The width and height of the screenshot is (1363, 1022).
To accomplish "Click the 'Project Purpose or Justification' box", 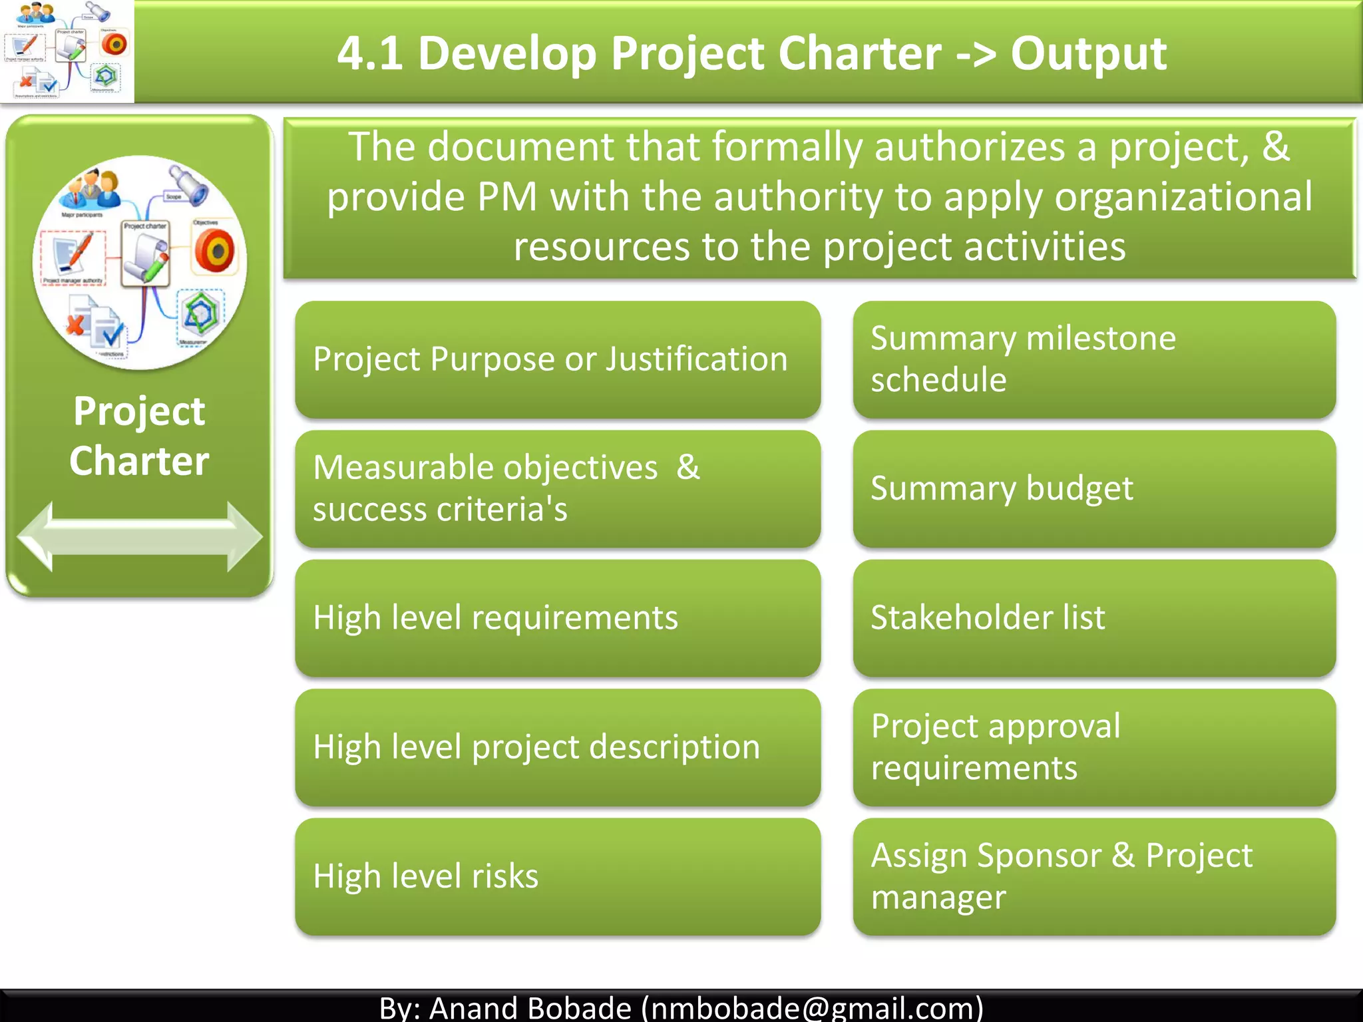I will [x=558, y=359].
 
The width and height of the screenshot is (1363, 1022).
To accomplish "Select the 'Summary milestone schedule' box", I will [x=1093, y=359].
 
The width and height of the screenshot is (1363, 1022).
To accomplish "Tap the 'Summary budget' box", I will [x=1093, y=489].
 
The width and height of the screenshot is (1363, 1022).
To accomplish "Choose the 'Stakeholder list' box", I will [x=1093, y=618].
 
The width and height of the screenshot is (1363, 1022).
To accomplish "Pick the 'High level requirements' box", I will [x=558, y=618].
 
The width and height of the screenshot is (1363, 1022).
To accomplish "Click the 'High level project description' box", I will [x=558, y=747].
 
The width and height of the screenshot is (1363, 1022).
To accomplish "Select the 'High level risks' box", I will [x=558, y=876].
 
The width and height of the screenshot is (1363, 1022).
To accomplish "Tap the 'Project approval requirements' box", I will [x=1093, y=747].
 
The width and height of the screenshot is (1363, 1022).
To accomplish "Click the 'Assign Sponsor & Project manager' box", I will [x=1093, y=876].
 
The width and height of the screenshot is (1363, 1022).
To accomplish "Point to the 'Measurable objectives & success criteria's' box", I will [x=558, y=489].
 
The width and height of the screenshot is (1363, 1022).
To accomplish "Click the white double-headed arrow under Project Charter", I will [x=140, y=536].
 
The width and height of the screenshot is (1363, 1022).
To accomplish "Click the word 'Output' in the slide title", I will [x=1088, y=53].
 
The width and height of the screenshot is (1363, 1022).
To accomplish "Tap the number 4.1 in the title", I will [x=370, y=53].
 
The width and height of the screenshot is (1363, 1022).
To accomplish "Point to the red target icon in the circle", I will [x=215, y=252].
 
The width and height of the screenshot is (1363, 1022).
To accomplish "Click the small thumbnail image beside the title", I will [x=67, y=51].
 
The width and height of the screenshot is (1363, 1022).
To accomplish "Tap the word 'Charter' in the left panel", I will [x=140, y=461].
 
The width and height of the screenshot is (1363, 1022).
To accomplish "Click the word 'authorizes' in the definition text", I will [x=969, y=147].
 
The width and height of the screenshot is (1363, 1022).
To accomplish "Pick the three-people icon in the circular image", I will [x=91, y=190].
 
